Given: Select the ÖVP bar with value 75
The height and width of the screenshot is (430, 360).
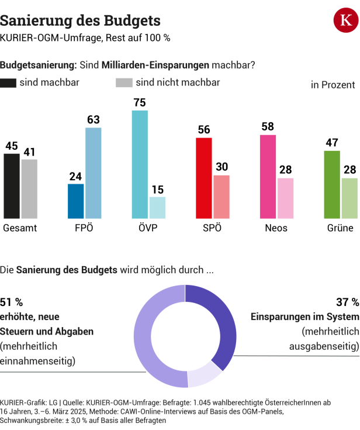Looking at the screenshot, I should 140,164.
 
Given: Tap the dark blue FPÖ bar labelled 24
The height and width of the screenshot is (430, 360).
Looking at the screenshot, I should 76,201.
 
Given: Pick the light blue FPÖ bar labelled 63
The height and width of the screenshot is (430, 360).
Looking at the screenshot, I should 94,173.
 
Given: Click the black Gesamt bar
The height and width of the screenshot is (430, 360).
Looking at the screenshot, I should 12,185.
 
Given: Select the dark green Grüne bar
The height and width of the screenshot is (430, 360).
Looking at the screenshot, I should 332,184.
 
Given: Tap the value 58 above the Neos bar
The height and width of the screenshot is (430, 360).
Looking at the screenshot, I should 268,127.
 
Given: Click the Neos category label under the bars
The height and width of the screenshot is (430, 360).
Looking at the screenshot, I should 276,228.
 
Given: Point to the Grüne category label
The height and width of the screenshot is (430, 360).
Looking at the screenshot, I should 340,228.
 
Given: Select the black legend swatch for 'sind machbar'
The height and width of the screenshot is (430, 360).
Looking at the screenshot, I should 8,82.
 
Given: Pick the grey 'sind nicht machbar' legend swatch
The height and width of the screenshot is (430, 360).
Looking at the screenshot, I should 124,82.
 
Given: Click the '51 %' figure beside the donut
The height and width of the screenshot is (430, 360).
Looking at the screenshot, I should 11,302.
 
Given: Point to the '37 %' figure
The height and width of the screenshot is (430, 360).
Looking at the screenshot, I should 347,302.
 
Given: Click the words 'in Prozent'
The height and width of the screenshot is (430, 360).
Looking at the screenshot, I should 333,85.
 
